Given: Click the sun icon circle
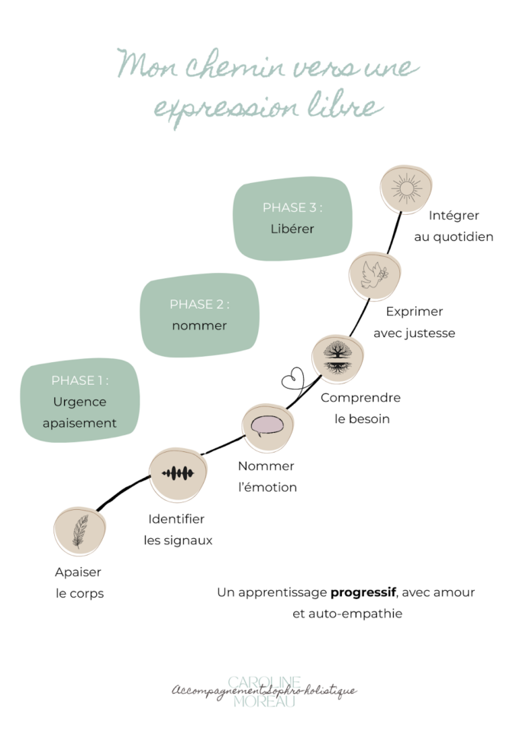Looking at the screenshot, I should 406,188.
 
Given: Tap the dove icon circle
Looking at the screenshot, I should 375,275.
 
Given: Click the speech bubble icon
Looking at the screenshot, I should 267,426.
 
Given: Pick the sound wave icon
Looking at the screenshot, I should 177,474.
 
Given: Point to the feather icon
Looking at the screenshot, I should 80,531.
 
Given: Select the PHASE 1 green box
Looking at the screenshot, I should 79,400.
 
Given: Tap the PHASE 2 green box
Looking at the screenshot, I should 199,315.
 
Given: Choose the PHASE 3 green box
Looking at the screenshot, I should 292,217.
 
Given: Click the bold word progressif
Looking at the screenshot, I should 364,592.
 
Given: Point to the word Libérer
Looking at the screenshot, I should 292,229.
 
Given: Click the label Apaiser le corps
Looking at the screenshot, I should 79,582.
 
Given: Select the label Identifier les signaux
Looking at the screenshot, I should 177,530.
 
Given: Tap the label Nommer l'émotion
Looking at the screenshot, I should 266,476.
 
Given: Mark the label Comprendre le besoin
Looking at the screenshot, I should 360,408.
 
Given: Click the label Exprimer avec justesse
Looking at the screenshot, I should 414,322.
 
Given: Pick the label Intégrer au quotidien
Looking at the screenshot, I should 454,226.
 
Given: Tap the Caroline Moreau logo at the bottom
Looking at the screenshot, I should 264,691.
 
